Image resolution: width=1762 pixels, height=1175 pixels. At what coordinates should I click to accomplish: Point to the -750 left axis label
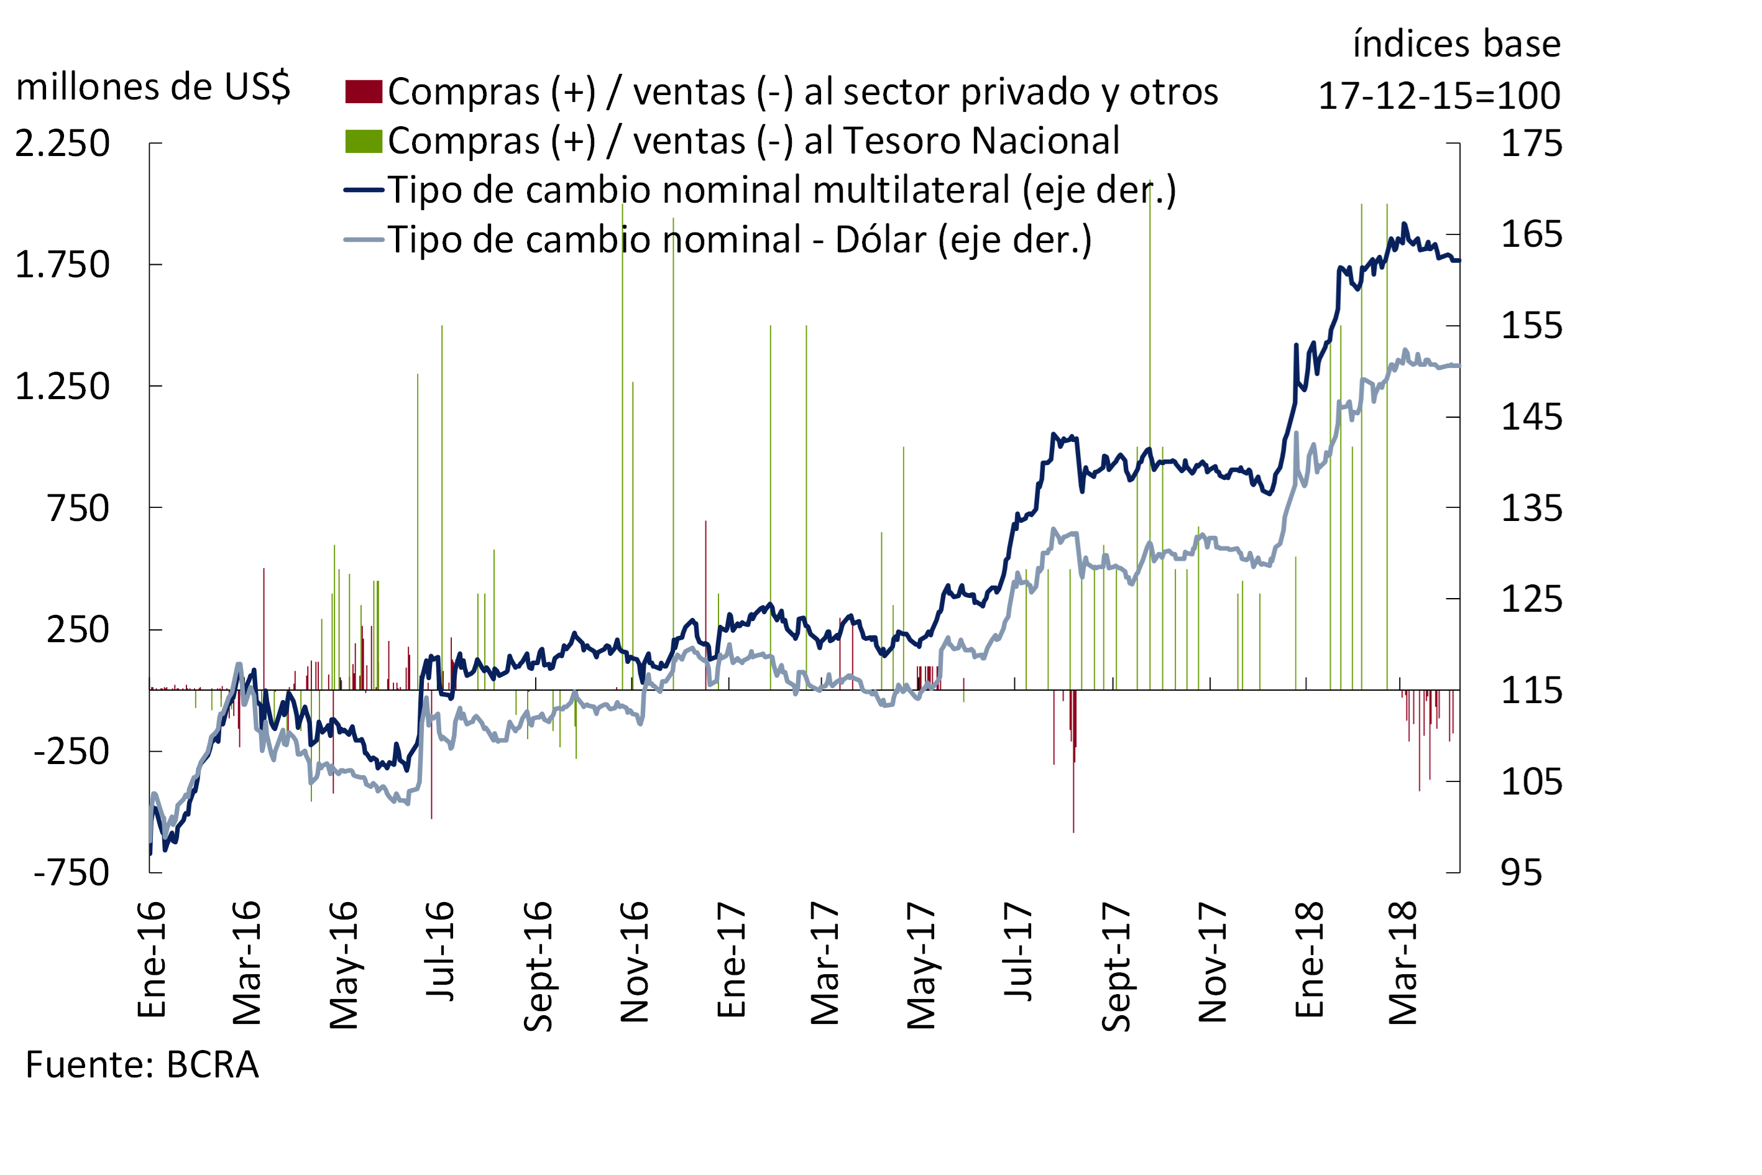(71, 873)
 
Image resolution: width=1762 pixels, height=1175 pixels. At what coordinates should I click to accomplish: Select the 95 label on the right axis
(1521, 873)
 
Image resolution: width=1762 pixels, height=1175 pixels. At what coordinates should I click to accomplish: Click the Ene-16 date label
(152, 959)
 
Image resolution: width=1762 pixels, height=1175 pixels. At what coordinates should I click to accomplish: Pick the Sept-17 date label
(1116, 967)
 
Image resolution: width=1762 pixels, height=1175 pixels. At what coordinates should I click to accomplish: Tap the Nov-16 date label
(635, 963)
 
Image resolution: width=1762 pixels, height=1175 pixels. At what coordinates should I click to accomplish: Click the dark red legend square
(364, 91)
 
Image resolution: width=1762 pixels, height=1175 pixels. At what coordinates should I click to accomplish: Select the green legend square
(364, 141)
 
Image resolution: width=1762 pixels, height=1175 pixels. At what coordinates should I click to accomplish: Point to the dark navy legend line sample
(364, 190)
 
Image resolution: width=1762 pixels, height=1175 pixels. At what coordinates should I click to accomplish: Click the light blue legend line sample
(364, 240)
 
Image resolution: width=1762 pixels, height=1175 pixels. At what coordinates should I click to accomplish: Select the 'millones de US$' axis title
(153, 87)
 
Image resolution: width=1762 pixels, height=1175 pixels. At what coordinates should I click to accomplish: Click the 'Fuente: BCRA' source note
(142, 1065)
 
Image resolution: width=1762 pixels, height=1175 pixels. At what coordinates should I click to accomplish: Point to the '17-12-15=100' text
(1438, 96)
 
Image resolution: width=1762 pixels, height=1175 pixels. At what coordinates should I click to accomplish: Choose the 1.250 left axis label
(62, 387)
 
